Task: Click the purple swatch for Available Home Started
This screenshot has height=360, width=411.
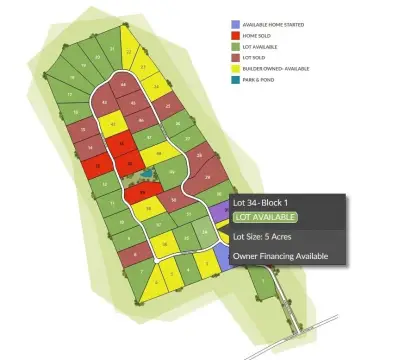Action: pos(234,23)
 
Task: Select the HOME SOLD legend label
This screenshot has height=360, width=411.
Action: pos(259,35)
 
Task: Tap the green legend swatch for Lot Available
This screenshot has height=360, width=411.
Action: pos(234,47)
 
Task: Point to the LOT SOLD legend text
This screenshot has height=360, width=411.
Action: pos(257,59)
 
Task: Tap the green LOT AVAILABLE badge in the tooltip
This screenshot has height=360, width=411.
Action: pos(265,217)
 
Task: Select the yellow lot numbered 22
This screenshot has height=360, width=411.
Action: pos(128,48)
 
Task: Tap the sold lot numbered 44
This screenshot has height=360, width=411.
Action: pos(123,87)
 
